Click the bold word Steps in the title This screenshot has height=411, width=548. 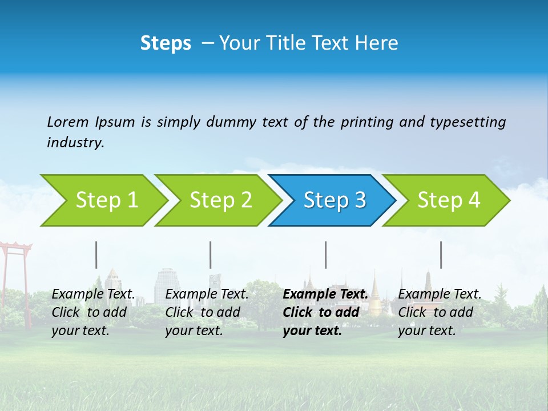pyautogui.click(x=166, y=43)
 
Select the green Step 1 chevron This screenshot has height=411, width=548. pyautogui.click(x=103, y=200)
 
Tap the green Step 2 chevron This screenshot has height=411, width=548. pyautogui.click(x=217, y=200)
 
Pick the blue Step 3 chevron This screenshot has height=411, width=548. pyautogui.click(x=331, y=200)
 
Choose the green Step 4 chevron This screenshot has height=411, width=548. pyautogui.click(x=445, y=200)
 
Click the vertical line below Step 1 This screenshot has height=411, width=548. pyautogui.click(x=96, y=255)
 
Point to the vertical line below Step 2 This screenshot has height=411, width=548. pyautogui.click(x=211, y=255)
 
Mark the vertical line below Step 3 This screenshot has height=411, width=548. pyautogui.click(x=325, y=255)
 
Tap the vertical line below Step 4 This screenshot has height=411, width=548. pyautogui.click(x=441, y=255)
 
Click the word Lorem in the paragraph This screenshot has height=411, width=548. pyautogui.click(x=67, y=122)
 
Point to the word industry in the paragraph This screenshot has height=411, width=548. pyautogui.click(x=75, y=143)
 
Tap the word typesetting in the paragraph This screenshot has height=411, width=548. pyautogui.click(x=468, y=122)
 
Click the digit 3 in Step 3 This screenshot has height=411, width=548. pyautogui.click(x=360, y=200)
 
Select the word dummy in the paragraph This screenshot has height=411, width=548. pyautogui.click(x=231, y=122)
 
